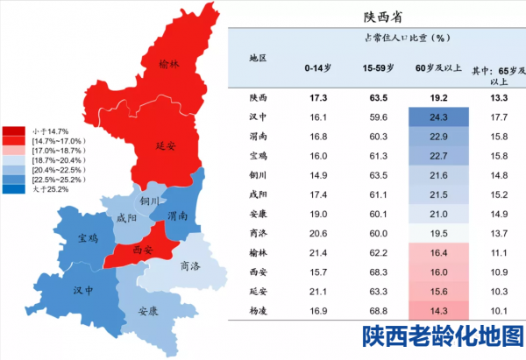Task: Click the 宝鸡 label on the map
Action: tap(87, 237)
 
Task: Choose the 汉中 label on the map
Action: tap(84, 290)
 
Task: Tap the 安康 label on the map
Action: tap(148, 311)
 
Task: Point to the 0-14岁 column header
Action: tap(317, 67)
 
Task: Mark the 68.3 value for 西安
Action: tap(379, 272)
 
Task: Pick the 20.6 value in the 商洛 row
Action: tap(316, 233)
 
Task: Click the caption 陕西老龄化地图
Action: tap(443, 337)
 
